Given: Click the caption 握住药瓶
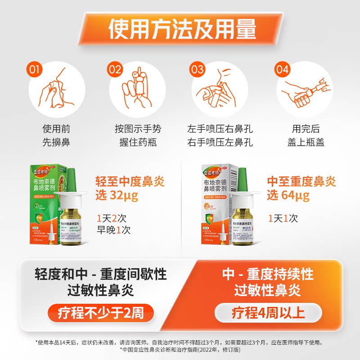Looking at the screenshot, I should pyautogui.click(x=138, y=143).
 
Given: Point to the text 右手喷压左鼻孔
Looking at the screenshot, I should pyautogui.click(x=220, y=143).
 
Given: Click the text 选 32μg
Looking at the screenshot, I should pyautogui.click(x=117, y=196).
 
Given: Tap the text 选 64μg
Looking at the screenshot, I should pyautogui.click(x=288, y=196).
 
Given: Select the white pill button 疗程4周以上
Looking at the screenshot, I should pyautogui.click(x=268, y=312).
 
